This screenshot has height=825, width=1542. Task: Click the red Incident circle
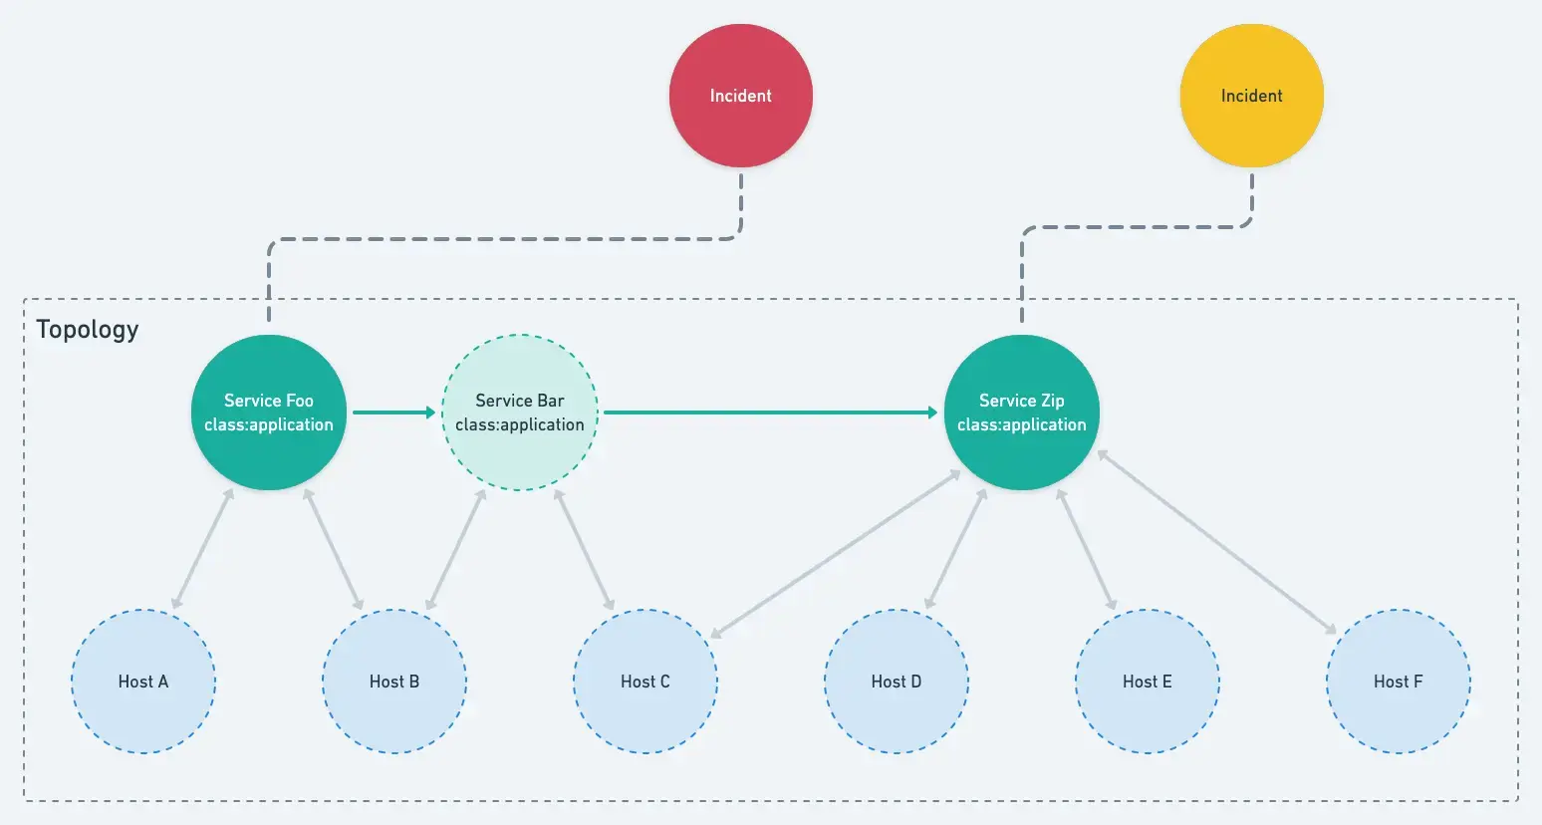click(741, 96)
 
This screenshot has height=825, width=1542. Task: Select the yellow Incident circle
click(1251, 96)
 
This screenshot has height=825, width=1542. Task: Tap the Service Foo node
click(269, 412)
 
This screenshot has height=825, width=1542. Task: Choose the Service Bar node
click(520, 412)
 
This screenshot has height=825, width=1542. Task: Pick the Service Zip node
click(1022, 412)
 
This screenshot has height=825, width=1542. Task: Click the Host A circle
click(143, 682)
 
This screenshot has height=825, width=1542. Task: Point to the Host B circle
click(394, 682)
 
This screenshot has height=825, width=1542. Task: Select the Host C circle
click(645, 682)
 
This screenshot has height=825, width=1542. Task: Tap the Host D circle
click(897, 682)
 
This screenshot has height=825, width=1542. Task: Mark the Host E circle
click(1148, 682)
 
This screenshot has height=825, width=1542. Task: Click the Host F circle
click(1399, 682)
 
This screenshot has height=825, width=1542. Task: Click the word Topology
click(88, 330)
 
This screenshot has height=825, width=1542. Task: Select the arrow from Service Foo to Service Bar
click(394, 412)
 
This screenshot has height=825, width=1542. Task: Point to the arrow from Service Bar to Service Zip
click(771, 412)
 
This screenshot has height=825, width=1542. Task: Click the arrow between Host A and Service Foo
click(202, 549)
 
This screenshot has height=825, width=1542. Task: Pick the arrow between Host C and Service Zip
click(835, 554)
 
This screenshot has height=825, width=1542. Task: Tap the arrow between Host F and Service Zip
click(1216, 542)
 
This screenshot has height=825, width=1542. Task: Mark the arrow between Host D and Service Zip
click(956, 549)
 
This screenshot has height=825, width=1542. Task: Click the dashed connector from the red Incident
click(506, 239)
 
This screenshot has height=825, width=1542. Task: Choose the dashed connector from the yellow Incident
click(1136, 226)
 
